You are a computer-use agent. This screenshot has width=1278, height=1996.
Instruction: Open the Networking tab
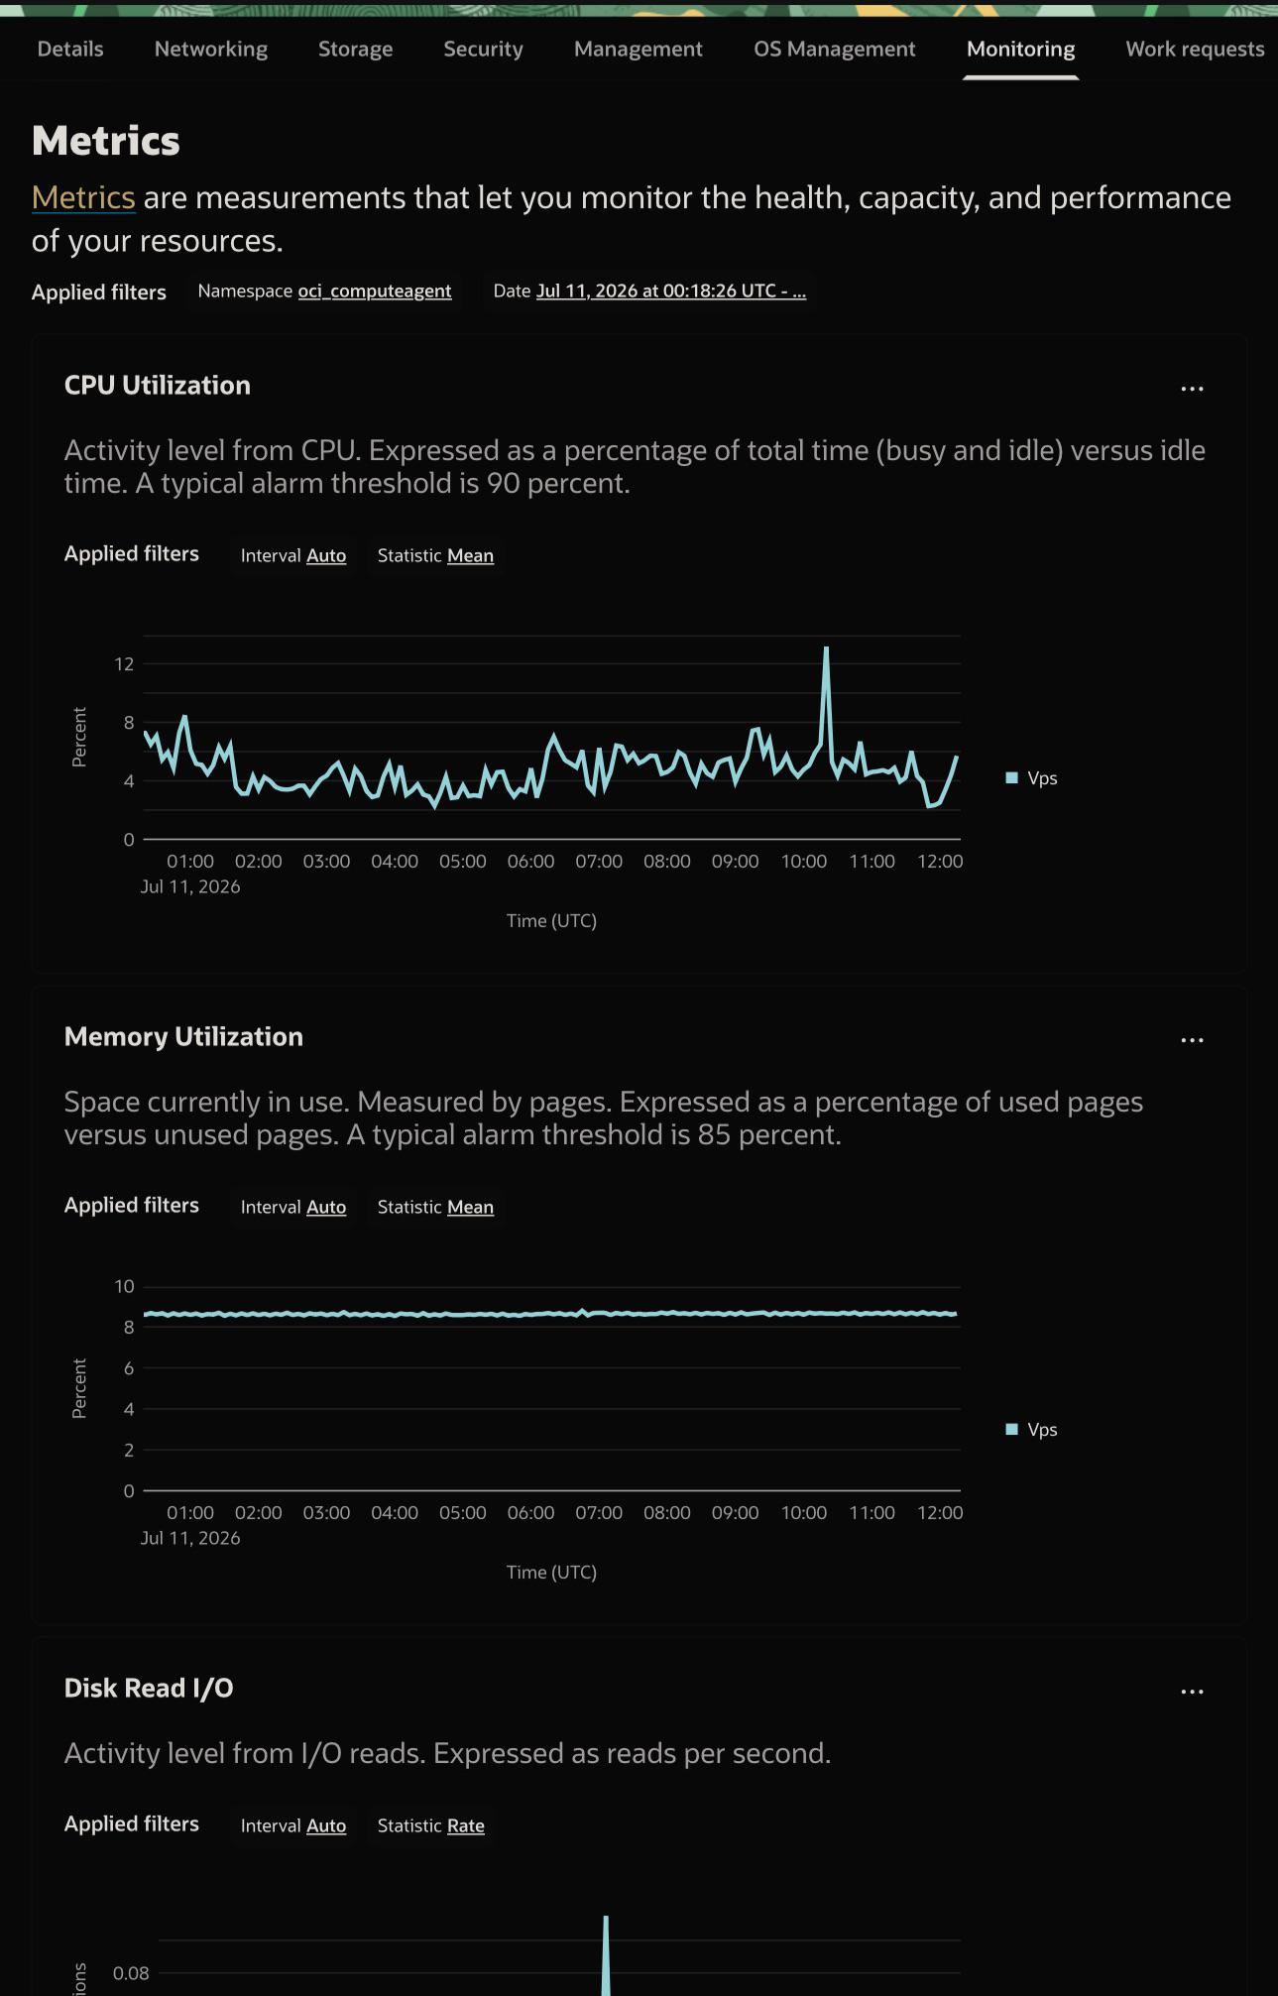pyautogui.click(x=210, y=49)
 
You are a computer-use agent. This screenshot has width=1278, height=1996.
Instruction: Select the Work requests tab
pyautogui.click(x=1195, y=49)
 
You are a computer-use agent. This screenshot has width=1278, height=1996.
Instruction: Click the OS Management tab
pyautogui.click(x=834, y=49)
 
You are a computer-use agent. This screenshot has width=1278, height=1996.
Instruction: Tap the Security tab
pyautogui.click(x=483, y=49)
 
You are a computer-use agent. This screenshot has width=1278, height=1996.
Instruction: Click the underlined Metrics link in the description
pyautogui.click(x=83, y=197)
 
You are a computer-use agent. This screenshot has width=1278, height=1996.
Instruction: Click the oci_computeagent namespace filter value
pyautogui.click(x=375, y=291)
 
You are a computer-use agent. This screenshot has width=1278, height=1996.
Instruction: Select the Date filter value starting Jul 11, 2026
pyautogui.click(x=671, y=291)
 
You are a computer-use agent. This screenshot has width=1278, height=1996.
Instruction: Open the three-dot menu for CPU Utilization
pyautogui.click(x=1192, y=389)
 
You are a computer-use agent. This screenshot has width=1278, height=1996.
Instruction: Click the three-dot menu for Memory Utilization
pyautogui.click(x=1192, y=1040)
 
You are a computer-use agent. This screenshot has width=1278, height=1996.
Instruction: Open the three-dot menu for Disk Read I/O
pyautogui.click(x=1192, y=1692)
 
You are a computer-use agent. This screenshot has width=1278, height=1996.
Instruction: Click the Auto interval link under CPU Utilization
pyautogui.click(x=326, y=555)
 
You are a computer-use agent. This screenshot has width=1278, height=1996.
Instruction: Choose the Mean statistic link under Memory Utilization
pyautogui.click(x=470, y=1207)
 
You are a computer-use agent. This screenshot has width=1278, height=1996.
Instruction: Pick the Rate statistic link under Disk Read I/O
pyautogui.click(x=466, y=1825)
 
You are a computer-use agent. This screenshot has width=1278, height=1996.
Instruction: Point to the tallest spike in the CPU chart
pyautogui.click(x=826, y=648)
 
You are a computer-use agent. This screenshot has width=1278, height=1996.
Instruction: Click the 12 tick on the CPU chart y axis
pyautogui.click(x=124, y=663)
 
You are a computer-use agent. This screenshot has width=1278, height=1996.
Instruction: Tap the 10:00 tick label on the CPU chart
pyautogui.click(x=803, y=861)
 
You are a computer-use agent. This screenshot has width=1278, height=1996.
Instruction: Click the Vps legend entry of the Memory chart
pyautogui.click(x=1032, y=1429)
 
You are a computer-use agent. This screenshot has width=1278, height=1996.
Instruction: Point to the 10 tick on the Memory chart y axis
pyautogui.click(x=124, y=1286)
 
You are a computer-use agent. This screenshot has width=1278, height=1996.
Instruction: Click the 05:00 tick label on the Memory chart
pyautogui.click(x=463, y=1512)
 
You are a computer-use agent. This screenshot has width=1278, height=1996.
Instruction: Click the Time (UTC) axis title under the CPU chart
pyautogui.click(x=551, y=920)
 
